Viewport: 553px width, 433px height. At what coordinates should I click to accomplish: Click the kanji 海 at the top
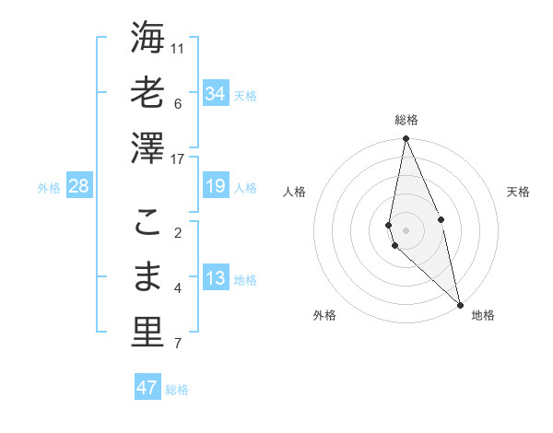pyautogui.click(x=147, y=41)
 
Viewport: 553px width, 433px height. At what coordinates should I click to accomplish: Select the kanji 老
pyautogui.click(x=147, y=93)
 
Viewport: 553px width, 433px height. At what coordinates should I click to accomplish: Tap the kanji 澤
pyautogui.click(x=147, y=146)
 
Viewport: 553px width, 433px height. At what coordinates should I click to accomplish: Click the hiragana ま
pyautogui.click(x=147, y=277)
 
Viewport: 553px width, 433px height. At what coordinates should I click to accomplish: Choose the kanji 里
pyautogui.click(x=147, y=331)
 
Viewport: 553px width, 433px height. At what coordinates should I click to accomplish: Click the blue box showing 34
pyautogui.click(x=215, y=94)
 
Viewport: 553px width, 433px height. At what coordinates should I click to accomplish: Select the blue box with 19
pyautogui.click(x=215, y=187)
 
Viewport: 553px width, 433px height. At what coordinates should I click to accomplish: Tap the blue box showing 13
pyautogui.click(x=215, y=279)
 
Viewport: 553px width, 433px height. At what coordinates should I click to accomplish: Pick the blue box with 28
pyautogui.click(x=78, y=187)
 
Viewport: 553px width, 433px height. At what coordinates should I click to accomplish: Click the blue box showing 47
pyautogui.click(x=147, y=388)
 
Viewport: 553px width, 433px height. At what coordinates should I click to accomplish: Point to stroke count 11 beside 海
pyautogui.click(x=178, y=48)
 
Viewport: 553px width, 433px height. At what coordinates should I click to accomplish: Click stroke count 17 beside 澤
pyautogui.click(x=178, y=158)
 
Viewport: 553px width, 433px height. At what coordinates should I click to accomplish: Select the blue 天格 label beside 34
pyautogui.click(x=245, y=95)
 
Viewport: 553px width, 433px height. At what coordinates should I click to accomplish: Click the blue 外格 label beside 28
pyautogui.click(x=49, y=188)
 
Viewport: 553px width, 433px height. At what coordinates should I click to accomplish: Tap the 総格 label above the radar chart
pyautogui.click(x=406, y=120)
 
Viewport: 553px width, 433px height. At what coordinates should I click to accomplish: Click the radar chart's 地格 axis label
pyautogui.click(x=483, y=315)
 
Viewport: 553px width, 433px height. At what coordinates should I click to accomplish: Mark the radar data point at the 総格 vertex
pyautogui.click(x=406, y=139)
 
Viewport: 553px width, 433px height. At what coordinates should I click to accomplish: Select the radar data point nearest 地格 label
pyautogui.click(x=460, y=304)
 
